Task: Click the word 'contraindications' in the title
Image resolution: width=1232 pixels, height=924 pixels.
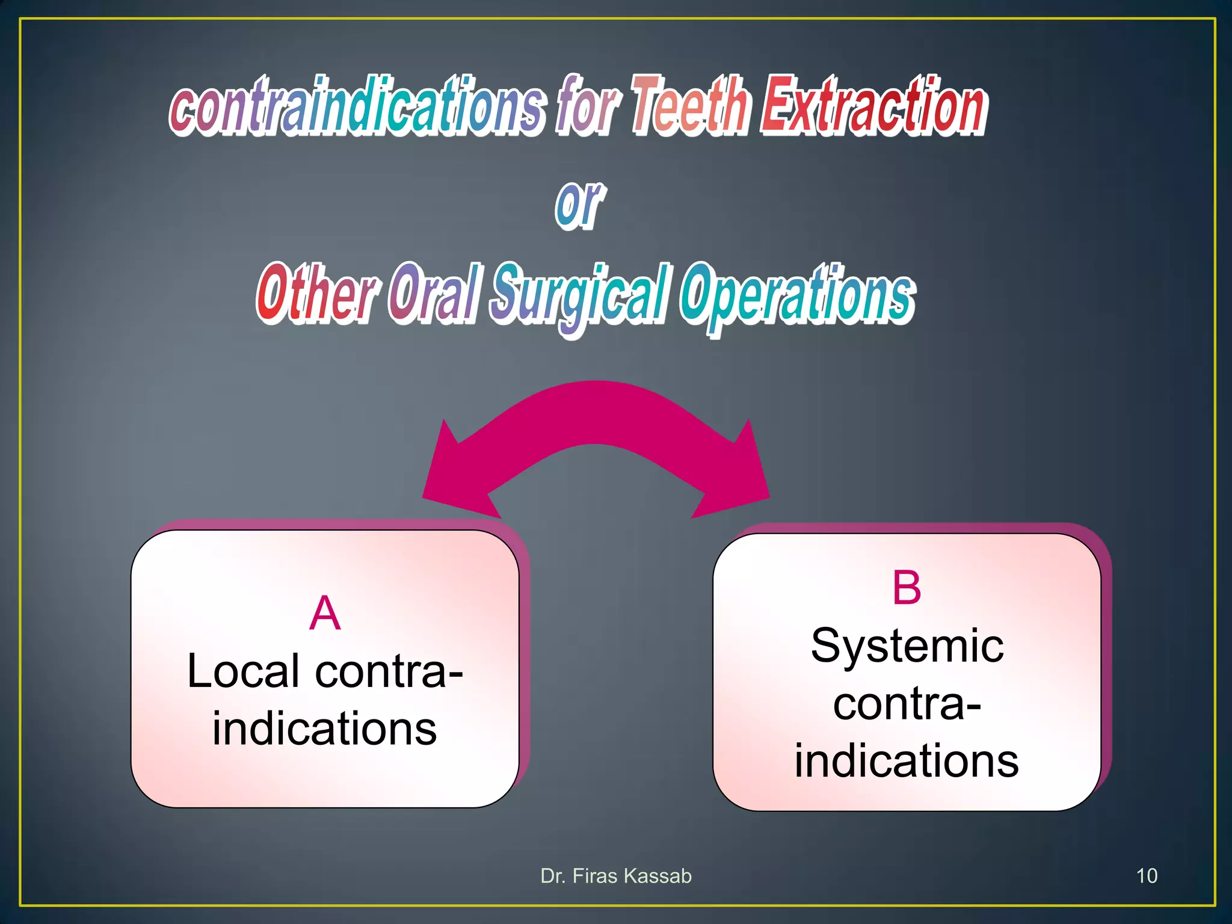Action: click(358, 107)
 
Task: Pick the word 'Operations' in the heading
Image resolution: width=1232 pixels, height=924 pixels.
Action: click(798, 295)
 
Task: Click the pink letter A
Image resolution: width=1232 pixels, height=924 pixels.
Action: click(325, 614)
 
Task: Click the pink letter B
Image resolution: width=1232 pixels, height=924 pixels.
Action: click(907, 588)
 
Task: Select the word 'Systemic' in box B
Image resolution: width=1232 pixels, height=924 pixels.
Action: click(907, 646)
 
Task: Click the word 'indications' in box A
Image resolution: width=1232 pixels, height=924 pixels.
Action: click(325, 728)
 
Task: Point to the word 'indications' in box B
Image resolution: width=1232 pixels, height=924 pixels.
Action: click(907, 761)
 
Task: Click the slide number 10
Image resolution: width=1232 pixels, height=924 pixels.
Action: click(1147, 876)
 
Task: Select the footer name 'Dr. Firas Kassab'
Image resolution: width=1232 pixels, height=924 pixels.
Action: click(616, 876)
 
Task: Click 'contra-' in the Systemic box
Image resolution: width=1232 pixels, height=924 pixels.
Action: click(907, 704)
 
